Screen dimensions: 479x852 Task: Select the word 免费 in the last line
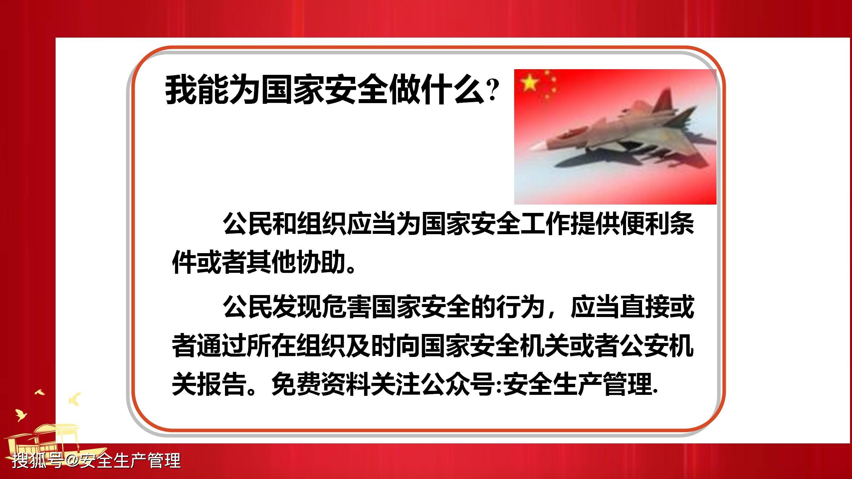coord(296,385)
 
